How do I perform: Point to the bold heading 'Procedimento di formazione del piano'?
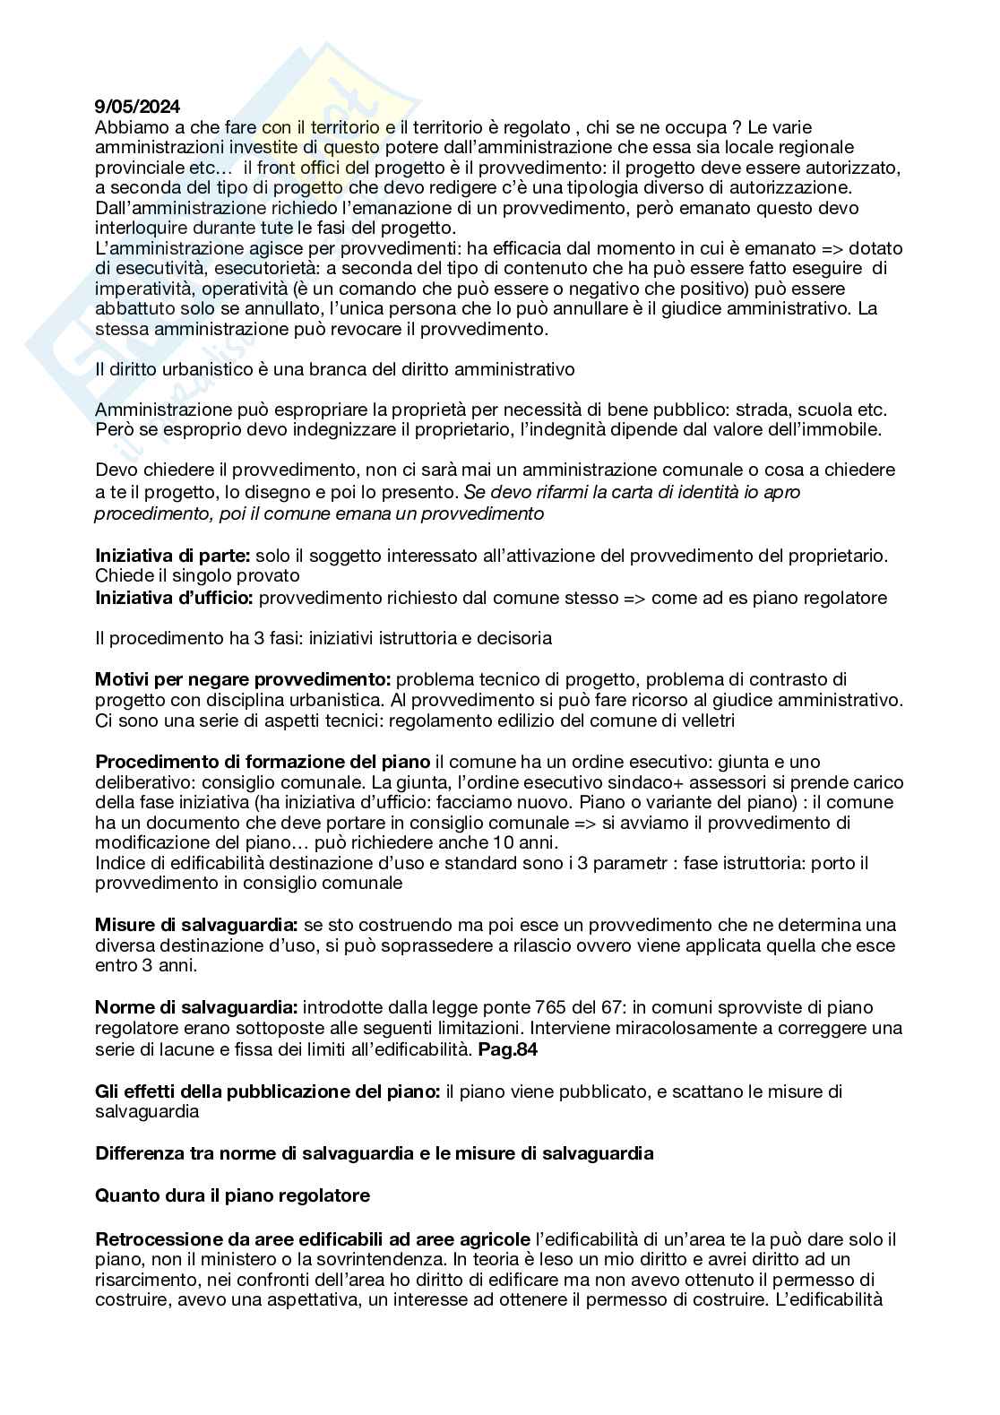[263, 763]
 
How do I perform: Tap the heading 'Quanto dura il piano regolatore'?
[232, 1195]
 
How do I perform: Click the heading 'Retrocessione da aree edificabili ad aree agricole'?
[312, 1238]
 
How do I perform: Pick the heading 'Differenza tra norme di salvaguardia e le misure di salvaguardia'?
[374, 1153]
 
